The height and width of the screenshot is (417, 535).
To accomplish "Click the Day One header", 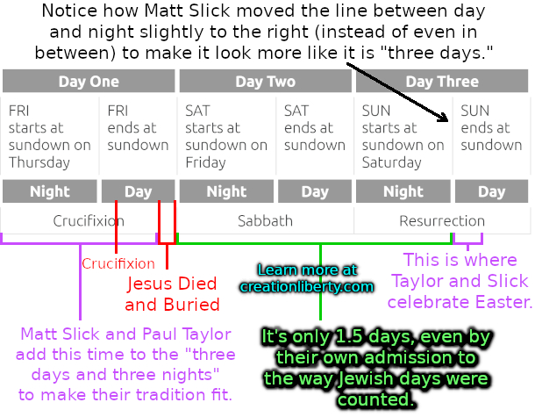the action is pos(89,82).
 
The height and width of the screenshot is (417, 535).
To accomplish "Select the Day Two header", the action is pos(266,82).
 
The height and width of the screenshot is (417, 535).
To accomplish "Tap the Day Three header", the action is pos(442,82).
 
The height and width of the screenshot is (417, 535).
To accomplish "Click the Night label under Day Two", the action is pos(226,191).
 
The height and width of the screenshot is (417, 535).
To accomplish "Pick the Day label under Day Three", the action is pos(491,191).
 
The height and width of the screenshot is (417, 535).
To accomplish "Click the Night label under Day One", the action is pos(50,191).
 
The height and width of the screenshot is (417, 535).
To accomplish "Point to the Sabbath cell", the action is pos(266,220).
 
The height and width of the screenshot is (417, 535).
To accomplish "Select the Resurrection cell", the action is pos(442,220).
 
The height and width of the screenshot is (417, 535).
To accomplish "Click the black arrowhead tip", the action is pos(448,121).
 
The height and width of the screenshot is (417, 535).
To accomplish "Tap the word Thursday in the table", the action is pos(39,162).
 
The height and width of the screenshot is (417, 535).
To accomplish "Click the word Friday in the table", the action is pos(205,162).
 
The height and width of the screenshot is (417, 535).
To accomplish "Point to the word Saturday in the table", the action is pos(392,162).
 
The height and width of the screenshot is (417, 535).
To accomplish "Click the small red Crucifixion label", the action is pos(118,263).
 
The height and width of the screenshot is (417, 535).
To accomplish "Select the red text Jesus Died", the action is pos(172,284).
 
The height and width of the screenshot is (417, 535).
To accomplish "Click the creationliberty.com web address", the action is pos(306,286).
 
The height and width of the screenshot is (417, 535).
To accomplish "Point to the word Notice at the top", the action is pos(69,11).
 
